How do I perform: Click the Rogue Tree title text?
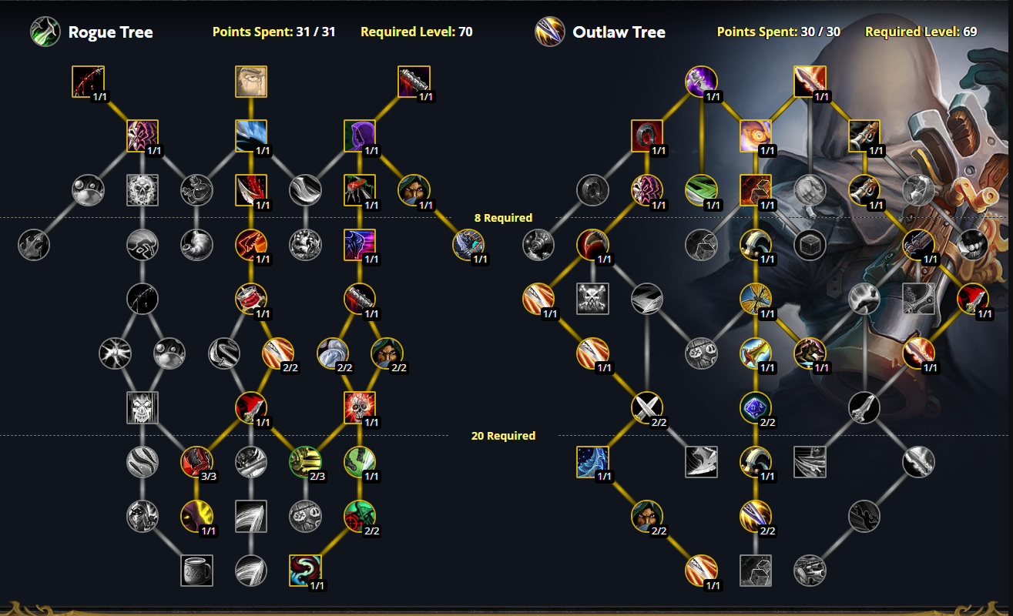click(110, 32)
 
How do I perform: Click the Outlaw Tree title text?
click(619, 32)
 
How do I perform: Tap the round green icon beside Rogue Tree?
click(45, 32)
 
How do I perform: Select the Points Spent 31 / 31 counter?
click(273, 32)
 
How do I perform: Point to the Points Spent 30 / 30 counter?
click(778, 32)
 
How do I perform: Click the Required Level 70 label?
click(416, 32)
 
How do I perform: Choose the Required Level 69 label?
click(921, 32)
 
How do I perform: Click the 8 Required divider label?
click(503, 218)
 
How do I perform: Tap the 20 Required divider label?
click(503, 436)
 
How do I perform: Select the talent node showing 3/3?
click(196, 462)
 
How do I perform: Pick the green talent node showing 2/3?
click(305, 462)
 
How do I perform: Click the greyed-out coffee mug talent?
click(196, 571)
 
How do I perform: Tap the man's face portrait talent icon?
click(251, 82)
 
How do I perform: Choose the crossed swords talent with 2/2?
click(647, 407)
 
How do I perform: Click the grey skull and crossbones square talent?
click(593, 299)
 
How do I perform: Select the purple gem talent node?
click(756, 407)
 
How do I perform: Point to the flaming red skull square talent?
click(360, 407)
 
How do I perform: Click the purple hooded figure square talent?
click(360, 136)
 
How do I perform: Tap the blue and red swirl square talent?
click(305, 571)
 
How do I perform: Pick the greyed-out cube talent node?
click(810, 245)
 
